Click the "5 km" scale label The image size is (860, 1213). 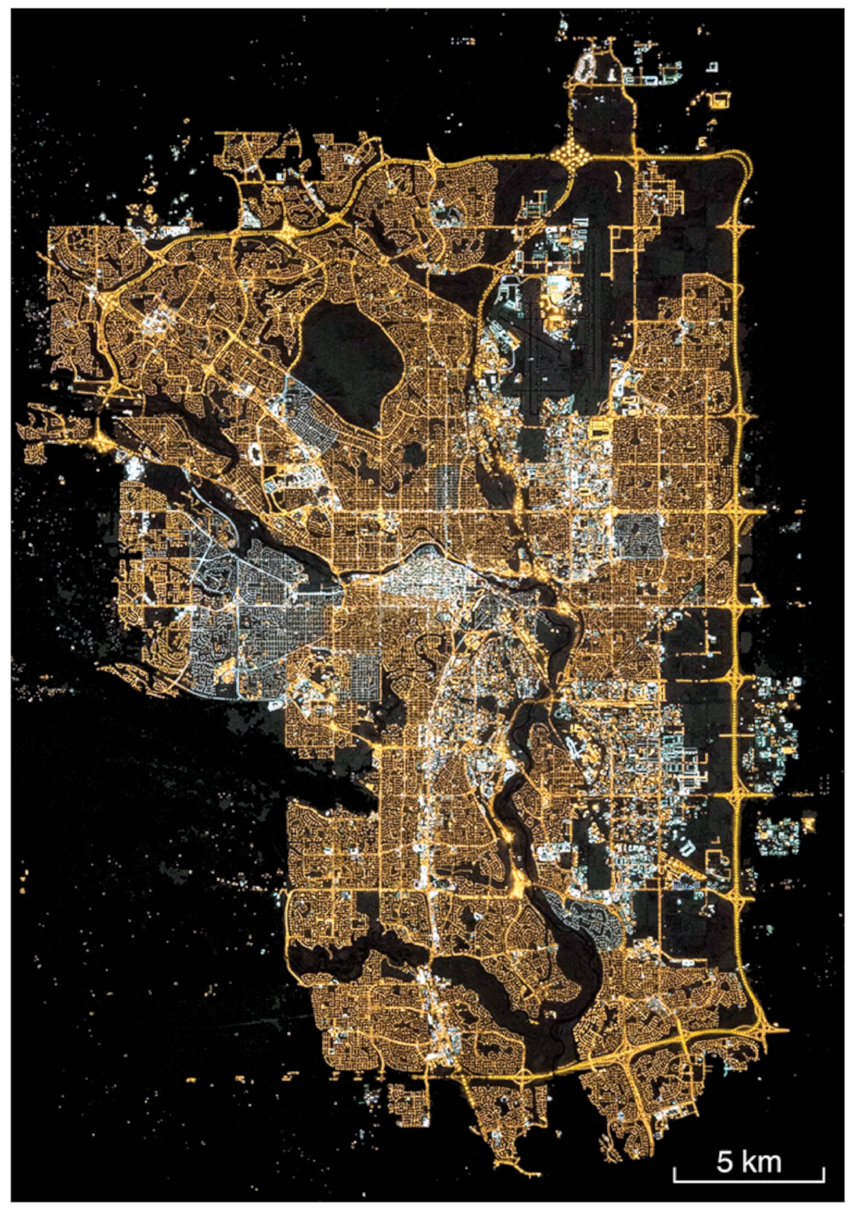coord(748,1161)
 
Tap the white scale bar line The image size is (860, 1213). coord(748,1181)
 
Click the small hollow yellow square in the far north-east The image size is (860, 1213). coord(719,100)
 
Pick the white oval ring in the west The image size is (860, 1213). coord(256,451)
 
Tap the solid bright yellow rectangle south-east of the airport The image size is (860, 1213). coord(599,428)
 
